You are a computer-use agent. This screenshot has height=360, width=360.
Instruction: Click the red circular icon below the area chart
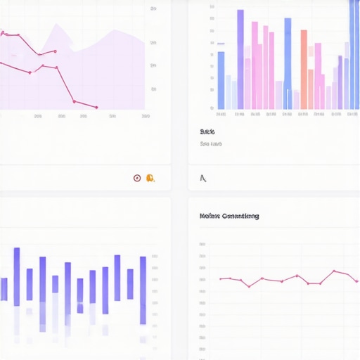[x=137, y=178]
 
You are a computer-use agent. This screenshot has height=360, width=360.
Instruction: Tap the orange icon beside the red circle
[x=150, y=178]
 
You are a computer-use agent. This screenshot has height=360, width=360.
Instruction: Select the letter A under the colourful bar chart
[x=203, y=178]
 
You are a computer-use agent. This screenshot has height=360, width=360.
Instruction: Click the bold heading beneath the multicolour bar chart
[x=207, y=131]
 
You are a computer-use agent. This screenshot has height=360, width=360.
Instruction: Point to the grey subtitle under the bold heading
[x=211, y=144]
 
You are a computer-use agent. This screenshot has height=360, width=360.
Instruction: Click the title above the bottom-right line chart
[x=229, y=216]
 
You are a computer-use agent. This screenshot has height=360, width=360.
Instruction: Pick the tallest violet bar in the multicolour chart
[x=240, y=59]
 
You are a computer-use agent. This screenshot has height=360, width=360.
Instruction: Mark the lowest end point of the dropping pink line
[x=96, y=108]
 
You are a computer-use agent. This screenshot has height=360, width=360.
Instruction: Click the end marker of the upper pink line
[x=56, y=51]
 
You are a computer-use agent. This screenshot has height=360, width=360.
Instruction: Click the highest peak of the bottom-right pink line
[x=335, y=271]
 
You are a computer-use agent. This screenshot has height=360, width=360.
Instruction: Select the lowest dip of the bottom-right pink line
[x=249, y=286]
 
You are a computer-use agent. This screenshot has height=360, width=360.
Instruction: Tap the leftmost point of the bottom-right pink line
[x=220, y=279]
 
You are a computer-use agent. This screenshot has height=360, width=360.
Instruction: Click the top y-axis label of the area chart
[x=153, y=9]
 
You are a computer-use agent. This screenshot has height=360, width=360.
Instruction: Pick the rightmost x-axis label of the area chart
[x=146, y=116]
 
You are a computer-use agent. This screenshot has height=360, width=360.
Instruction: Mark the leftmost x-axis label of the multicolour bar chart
[x=221, y=115]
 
